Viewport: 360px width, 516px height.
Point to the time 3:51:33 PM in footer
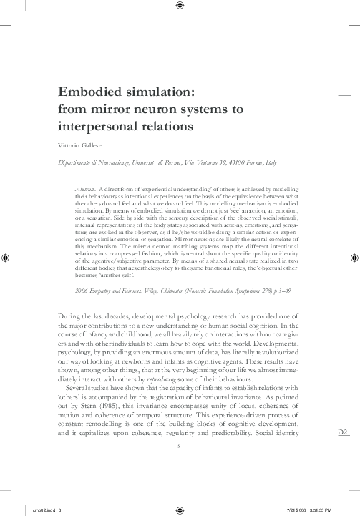318,510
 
